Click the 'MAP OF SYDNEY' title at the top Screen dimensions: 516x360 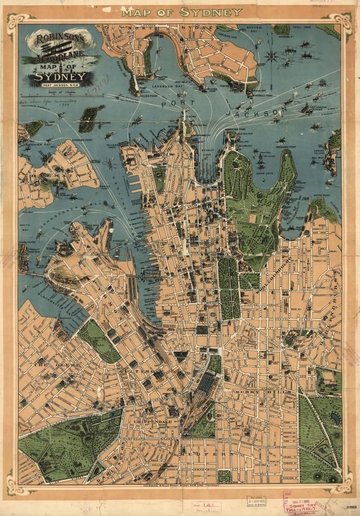180,11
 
